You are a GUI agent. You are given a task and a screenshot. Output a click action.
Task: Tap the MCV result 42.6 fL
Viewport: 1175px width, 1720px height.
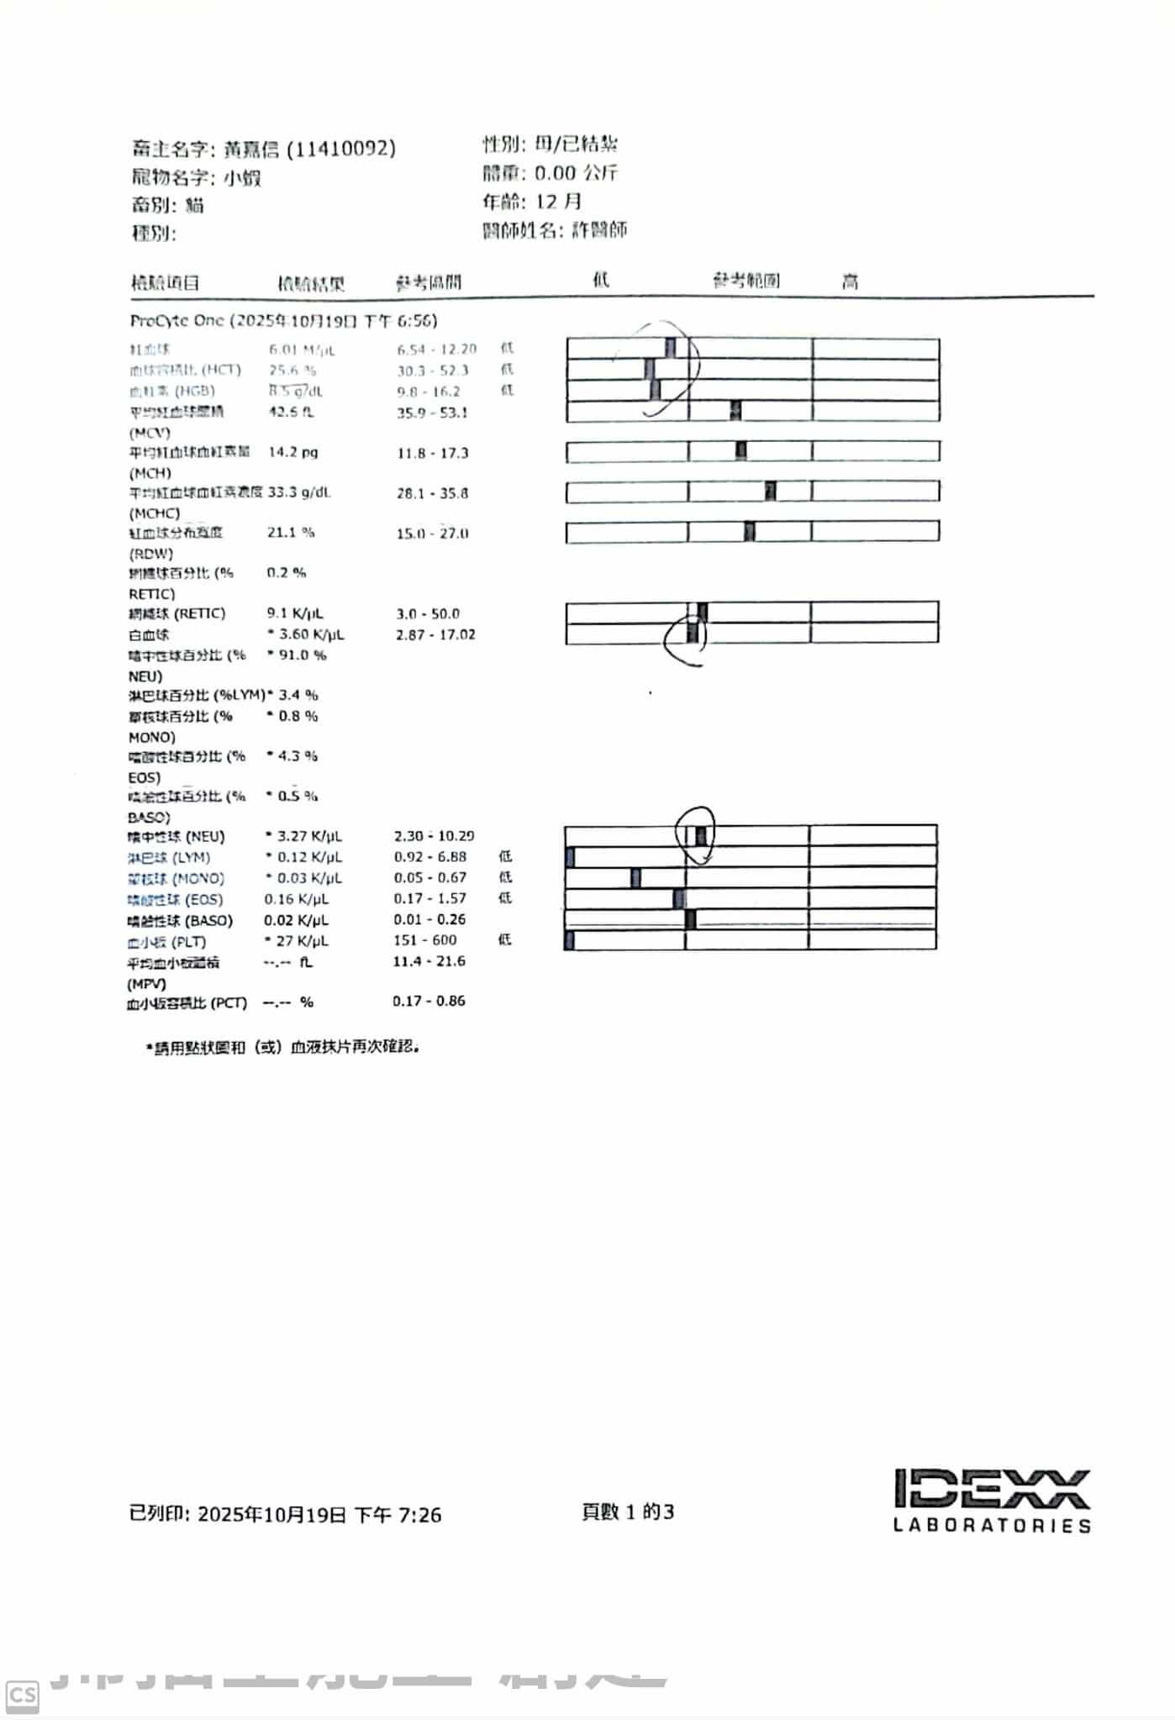click(x=291, y=412)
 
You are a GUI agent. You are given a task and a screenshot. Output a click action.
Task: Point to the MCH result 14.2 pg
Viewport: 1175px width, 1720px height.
click(x=292, y=452)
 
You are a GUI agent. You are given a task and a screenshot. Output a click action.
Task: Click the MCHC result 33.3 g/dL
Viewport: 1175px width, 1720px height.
click(x=299, y=492)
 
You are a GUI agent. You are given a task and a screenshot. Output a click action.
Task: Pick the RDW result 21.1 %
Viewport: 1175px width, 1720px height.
click(x=291, y=533)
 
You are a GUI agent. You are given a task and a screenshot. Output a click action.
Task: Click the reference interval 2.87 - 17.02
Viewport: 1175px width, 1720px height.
click(x=435, y=634)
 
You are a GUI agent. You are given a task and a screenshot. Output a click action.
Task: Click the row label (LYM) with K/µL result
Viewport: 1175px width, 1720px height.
click(x=168, y=858)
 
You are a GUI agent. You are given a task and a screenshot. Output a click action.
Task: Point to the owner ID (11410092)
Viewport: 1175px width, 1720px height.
click(x=341, y=150)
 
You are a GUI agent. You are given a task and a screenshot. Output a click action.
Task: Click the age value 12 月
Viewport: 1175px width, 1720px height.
click(x=558, y=202)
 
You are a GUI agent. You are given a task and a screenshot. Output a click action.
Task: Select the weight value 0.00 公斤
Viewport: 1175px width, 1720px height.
click(x=576, y=173)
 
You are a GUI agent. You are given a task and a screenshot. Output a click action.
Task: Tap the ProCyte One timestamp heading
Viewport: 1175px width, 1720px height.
click(x=283, y=321)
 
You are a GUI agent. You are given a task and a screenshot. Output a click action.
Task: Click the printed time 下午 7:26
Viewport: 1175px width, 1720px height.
click(x=398, y=1515)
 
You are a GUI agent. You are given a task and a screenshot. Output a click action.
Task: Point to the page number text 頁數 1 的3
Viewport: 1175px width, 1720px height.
click(x=628, y=1512)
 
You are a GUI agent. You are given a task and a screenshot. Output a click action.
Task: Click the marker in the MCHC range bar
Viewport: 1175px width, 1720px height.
click(x=770, y=492)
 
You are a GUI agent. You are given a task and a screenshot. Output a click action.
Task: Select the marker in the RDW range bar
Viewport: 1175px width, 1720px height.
click(x=750, y=532)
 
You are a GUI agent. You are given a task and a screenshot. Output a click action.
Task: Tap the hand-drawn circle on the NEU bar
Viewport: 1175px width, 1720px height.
click(x=697, y=834)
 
